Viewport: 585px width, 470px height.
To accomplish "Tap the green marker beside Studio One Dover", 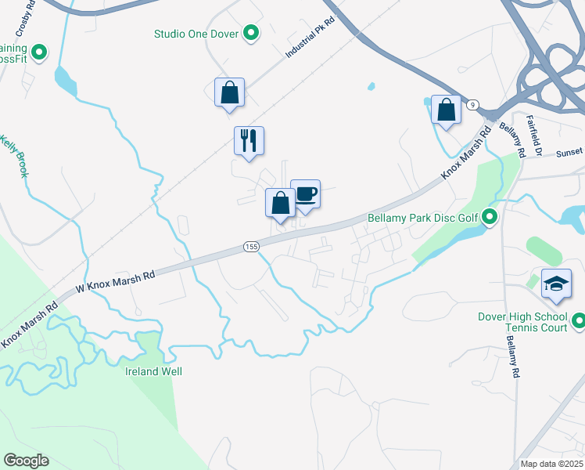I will (x=251, y=34).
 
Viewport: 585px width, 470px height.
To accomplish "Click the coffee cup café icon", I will (x=305, y=194).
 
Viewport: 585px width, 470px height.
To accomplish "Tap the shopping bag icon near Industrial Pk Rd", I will (x=230, y=92).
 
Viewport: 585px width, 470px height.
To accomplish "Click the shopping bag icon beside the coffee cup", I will (x=280, y=203).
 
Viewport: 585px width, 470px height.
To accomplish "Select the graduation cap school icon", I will (x=556, y=283).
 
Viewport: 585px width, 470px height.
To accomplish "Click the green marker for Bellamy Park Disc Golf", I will (x=490, y=216).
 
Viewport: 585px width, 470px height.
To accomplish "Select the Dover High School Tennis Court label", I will (x=522, y=322).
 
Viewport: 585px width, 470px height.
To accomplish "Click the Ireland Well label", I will (x=153, y=371).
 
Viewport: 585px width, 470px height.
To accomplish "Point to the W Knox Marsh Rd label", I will (x=115, y=283).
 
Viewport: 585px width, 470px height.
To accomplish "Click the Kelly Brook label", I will (x=13, y=156).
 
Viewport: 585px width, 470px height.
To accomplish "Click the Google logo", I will (x=26, y=461).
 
